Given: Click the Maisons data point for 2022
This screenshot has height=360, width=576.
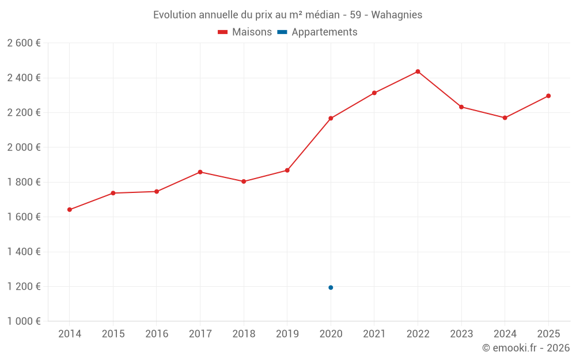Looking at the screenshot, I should point(418,71).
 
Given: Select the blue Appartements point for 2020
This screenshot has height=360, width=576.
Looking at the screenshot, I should point(331,287).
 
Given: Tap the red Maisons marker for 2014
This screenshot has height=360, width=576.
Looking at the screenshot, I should point(70,210).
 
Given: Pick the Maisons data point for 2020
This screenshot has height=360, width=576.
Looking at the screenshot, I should point(331,118).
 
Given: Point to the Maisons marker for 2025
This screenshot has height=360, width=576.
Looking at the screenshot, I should point(548,96).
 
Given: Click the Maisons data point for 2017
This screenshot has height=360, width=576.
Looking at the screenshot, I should point(200,172).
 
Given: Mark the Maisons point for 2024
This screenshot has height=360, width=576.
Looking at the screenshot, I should point(505,118).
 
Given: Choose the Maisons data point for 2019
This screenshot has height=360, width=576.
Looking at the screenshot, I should point(287,170).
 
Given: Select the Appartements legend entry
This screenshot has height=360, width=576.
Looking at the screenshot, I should point(324,32).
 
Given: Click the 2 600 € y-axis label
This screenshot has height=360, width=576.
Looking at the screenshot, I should point(24,43).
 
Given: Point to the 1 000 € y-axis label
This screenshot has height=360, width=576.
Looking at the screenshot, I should point(24,321).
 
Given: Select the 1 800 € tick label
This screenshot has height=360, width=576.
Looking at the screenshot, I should point(24,182).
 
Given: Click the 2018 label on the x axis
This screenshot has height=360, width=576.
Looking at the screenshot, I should point(244,334).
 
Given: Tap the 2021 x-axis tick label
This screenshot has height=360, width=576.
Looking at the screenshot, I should point(374,334).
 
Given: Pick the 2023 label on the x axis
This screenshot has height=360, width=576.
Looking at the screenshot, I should point(461,334).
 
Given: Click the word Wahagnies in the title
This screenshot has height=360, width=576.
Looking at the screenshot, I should point(396,15).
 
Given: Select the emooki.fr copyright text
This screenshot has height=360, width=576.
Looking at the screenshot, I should point(525,348).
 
